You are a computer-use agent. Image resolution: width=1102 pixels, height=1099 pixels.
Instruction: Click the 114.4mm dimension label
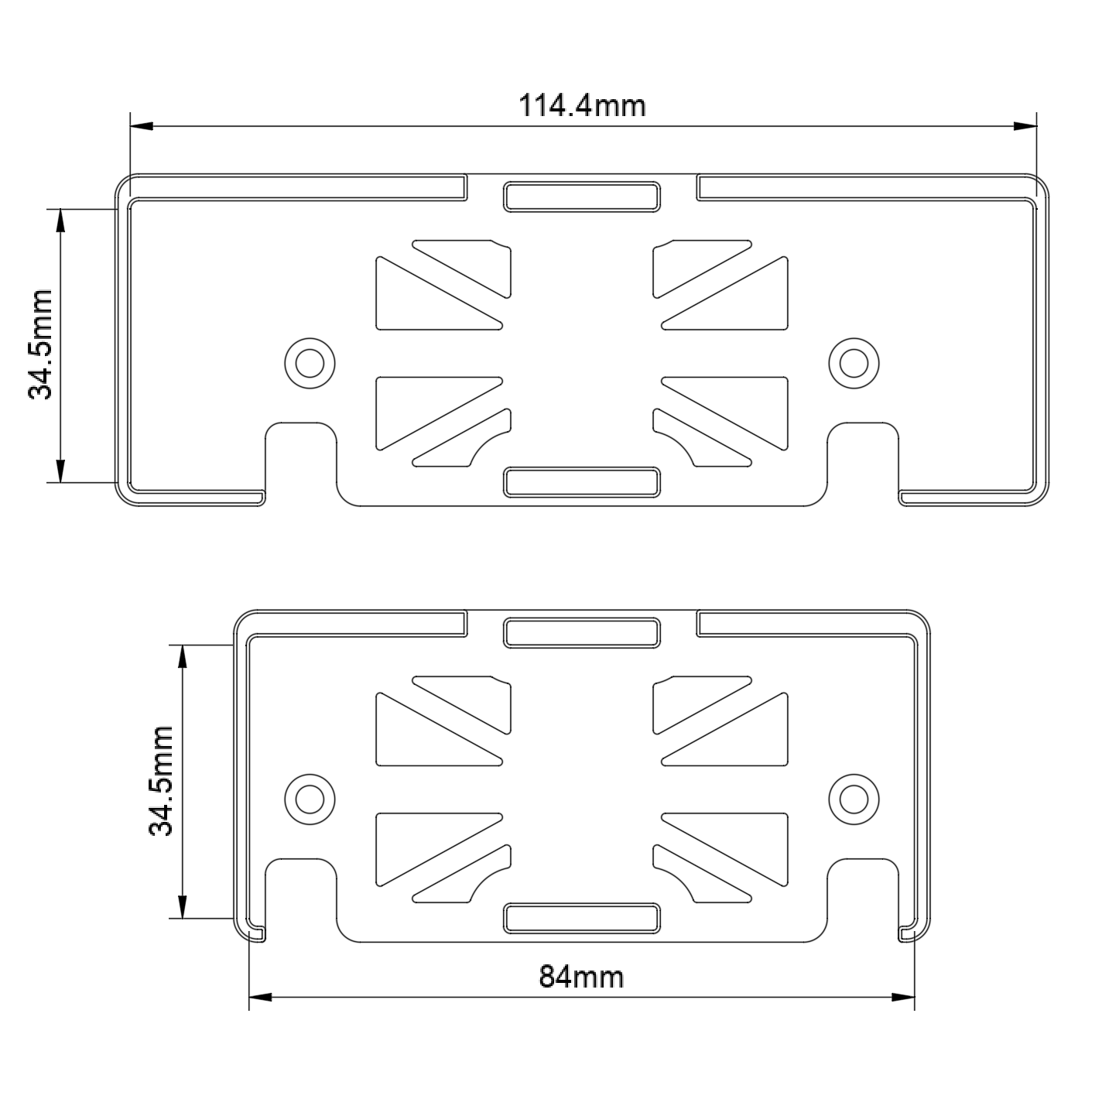coord(581,104)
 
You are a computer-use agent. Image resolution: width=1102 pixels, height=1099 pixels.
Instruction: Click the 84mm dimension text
coord(581,977)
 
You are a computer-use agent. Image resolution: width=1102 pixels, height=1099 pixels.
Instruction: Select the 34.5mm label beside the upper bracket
coord(39,344)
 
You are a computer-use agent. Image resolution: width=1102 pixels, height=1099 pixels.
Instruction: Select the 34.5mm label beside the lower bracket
coord(160,781)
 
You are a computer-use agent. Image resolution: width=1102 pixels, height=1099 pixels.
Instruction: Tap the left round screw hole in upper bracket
coord(310,362)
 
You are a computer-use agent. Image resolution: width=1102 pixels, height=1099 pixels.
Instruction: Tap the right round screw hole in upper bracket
coord(854,362)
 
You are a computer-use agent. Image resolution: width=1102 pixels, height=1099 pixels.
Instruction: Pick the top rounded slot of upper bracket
coord(582,197)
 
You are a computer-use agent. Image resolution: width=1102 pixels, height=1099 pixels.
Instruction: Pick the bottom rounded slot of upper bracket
coord(582,481)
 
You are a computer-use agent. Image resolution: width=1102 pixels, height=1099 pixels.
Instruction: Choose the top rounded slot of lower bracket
coord(582,632)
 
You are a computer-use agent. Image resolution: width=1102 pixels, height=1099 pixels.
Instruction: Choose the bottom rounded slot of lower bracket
coord(582,917)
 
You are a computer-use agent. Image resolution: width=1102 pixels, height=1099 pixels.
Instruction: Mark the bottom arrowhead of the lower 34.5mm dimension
coord(182,908)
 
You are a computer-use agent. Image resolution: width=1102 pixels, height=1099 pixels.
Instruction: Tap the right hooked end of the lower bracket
coord(908,933)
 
